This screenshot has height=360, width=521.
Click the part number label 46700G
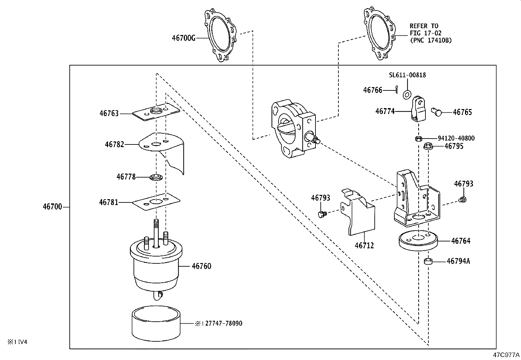[x=183, y=38]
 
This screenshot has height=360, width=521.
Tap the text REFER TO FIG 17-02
[x=426, y=29]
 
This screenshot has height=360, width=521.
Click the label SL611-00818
[x=407, y=75]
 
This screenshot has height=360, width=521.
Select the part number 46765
[x=462, y=112]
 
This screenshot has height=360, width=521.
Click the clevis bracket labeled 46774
[x=419, y=109]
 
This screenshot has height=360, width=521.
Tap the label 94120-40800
[x=456, y=138]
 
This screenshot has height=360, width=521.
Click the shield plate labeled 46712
[x=360, y=213]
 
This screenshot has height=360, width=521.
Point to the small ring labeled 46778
[x=156, y=177]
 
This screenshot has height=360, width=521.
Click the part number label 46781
[x=109, y=202]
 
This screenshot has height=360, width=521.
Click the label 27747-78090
[x=224, y=323]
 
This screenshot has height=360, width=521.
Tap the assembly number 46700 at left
[x=52, y=207]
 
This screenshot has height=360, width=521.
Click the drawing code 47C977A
[x=507, y=355]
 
